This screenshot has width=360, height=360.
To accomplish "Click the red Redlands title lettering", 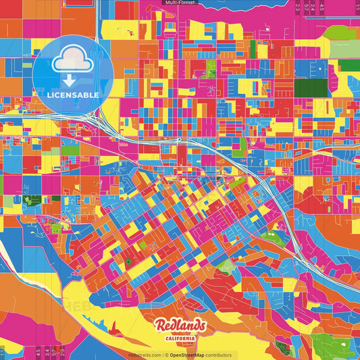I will (179, 326).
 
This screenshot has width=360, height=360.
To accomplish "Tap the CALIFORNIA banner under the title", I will (180, 338).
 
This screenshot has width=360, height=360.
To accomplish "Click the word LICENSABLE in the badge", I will (73, 95).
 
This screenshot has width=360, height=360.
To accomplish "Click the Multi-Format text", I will (180, 3).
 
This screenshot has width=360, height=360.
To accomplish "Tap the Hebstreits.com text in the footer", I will (145, 355).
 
